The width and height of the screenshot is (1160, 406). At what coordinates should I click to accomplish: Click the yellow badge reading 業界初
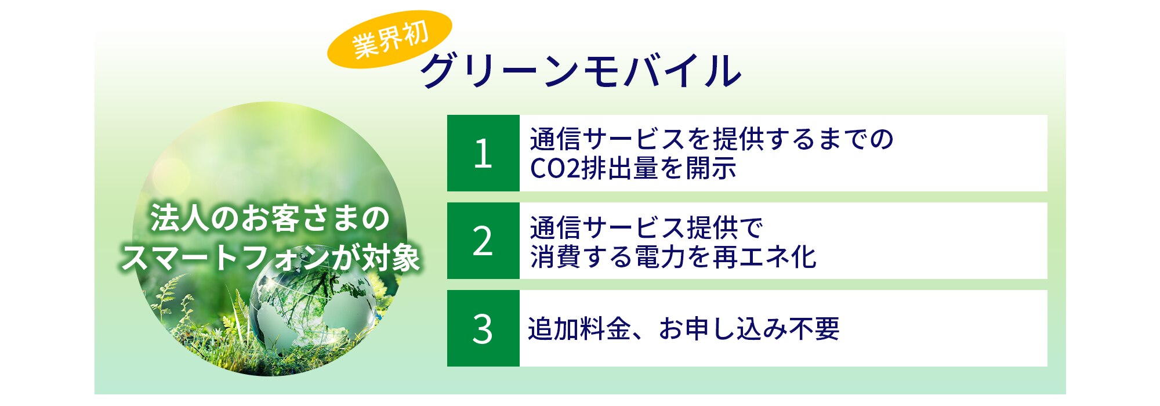pyautogui.click(x=390, y=39)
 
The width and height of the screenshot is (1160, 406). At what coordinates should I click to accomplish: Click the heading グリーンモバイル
pyautogui.click(x=582, y=71)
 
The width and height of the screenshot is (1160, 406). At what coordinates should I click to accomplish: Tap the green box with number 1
pyautogui.click(x=483, y=153)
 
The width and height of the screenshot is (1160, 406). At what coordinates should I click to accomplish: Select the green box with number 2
pyautogui.click(x=483, y=241)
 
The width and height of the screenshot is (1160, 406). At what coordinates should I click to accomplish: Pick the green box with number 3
pyautogui.click(x=483, y=328)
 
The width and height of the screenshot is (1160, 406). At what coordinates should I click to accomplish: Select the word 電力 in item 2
pyautogui.click(x=660, y=256)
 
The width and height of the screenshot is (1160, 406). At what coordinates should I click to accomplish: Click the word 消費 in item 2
pyautogui.click(x=556, y=256)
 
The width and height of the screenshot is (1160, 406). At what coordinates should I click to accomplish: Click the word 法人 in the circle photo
pyautogui.click(x=177, y=219)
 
